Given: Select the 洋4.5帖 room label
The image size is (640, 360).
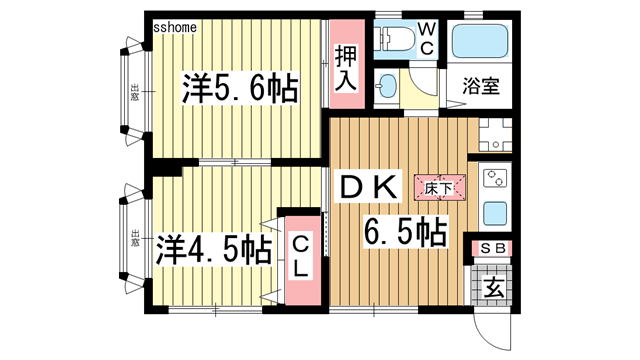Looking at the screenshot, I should pos(213,247).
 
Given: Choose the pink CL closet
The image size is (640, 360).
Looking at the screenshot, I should pos(299,259).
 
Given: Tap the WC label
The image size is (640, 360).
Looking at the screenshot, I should pos(426,39).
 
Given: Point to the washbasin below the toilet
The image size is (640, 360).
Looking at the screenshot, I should pos(386,84).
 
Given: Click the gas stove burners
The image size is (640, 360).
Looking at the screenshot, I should pos(495,180).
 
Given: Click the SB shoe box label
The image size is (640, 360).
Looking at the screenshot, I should pos(494,248).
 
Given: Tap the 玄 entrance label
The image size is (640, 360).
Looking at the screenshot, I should pos(494,288).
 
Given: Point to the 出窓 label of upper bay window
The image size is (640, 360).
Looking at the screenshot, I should pos(133,91).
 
